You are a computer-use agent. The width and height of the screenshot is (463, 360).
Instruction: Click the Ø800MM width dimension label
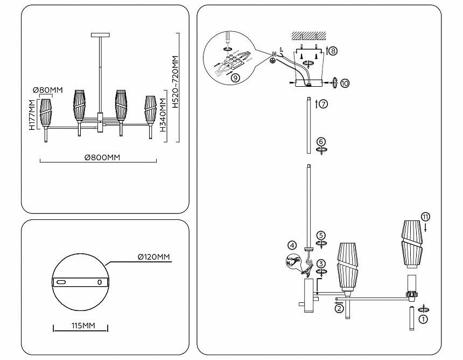[x=102, y=157]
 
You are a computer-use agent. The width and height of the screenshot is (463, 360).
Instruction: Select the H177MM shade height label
[x=32, y=114]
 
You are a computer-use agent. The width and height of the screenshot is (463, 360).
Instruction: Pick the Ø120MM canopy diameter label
[x=154, y=257]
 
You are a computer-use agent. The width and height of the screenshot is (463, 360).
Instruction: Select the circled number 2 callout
[x=339, y=308]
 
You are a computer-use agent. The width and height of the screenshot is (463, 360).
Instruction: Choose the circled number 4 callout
[x=292, y=245]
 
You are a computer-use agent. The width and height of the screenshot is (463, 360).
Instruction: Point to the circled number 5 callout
[x=321, y=236]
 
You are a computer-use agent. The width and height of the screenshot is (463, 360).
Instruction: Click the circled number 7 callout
[x=323, y=104]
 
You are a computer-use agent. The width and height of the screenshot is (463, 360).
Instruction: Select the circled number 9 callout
[x=235, y=77]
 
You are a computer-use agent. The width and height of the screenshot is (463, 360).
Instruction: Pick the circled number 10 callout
[x=345, y=83]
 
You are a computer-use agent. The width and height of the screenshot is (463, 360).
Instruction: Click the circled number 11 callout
[x=425, y=217]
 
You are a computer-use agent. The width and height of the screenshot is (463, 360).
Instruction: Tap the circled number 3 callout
[x=321, y=264]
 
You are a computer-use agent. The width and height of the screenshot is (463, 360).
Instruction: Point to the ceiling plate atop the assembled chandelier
[x=101, y=35]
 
